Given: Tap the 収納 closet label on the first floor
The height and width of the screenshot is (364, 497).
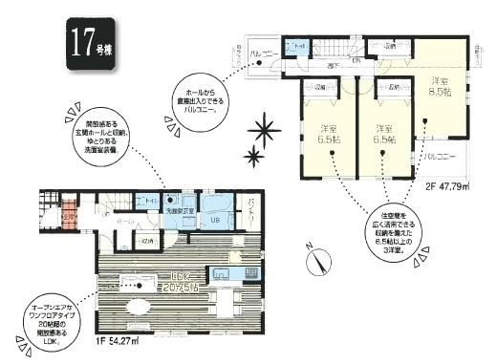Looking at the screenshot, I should coord(144,240).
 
